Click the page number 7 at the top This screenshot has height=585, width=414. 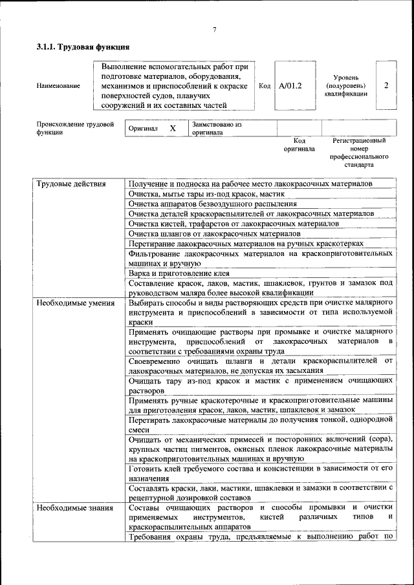[213, 30]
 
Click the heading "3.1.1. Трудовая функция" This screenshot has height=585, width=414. [83, 47]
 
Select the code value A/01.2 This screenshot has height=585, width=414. [290, 85]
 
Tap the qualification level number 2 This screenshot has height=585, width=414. [386, 85]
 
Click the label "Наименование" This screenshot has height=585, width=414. [58, 85]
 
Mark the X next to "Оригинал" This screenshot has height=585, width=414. [173, 128]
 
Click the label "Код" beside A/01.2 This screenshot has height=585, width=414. [265, 85]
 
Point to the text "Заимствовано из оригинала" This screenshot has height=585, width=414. [216, 128]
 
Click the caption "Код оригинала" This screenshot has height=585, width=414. [299, 144]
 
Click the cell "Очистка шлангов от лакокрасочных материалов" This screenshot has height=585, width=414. [214, 233]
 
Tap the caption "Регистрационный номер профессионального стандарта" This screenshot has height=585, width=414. [358, 152]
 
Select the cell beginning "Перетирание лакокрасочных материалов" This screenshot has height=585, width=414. [246, 243]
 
